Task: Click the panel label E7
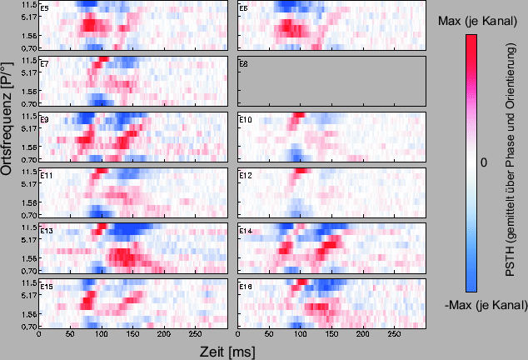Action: point(44,64)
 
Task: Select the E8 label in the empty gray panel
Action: point(243,64)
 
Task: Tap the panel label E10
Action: point(245,120)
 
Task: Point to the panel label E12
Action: point(245,176)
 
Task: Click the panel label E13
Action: point(46,231)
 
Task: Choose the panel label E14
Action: point(245,231)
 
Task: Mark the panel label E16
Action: point(245,287)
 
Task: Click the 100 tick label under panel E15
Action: point(102,336)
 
